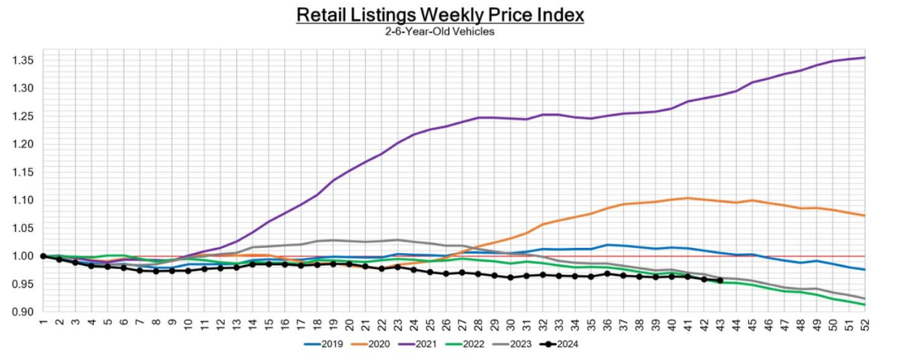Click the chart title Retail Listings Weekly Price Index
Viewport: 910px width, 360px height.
tap(439, 14)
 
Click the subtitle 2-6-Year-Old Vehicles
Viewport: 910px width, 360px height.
tap(439, 32)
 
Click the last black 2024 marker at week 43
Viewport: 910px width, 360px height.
tap(720, 280)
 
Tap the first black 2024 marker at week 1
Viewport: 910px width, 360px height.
tap(43, 256)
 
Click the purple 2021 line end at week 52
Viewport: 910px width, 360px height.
tap(864, 57)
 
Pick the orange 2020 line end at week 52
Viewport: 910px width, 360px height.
tap(864, 215)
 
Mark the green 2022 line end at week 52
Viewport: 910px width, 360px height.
tap(864, 304)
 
